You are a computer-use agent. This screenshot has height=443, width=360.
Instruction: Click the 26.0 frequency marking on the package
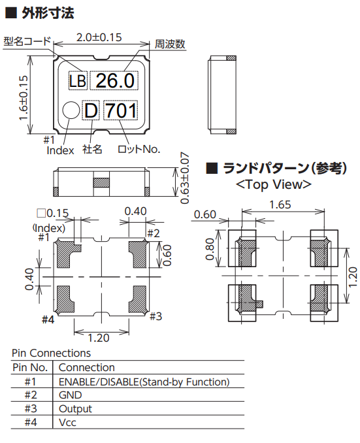click(x=115, y=81)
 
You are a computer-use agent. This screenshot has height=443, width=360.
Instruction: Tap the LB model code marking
click(x=78, y=81)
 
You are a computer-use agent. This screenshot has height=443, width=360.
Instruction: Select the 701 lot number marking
click(x=122, y=110)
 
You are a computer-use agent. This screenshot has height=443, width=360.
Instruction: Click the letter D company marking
click(x=91, y=110)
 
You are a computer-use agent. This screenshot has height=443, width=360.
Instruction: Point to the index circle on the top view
click(x=71, y=110)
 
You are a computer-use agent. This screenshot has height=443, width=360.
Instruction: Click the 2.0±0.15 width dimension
click(x=99, y=38)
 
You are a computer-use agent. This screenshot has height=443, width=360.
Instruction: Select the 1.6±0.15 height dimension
click(x=24, y=98)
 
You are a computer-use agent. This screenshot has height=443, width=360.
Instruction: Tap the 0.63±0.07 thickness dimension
click(x=184, y=178)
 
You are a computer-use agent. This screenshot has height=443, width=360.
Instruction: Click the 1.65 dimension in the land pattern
click(x=280, y=205)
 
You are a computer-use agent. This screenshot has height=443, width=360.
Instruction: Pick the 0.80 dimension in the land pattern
click(x=210, y=249)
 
